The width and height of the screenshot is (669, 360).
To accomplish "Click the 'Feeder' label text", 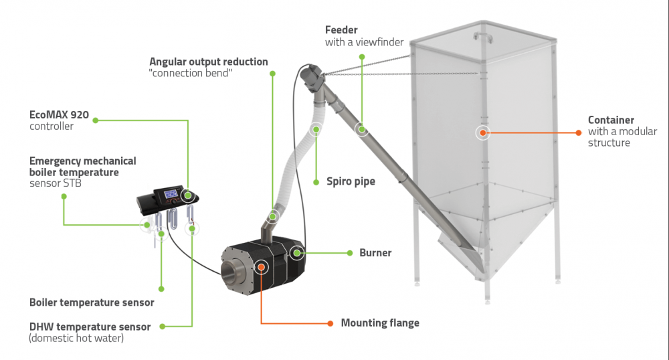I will (x=341, y=30).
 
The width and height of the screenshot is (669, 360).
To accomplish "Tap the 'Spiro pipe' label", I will (x=351, y=181).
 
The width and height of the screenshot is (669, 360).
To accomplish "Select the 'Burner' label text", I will (x=375, y=253).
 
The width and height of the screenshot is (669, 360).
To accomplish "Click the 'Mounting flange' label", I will (x=380, y=323).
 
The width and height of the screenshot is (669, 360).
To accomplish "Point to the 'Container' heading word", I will (x=611, y=120).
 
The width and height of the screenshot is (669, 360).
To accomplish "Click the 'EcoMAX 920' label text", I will (x=60, y=114).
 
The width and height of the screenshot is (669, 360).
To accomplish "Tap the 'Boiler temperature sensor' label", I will (x=92, y=302).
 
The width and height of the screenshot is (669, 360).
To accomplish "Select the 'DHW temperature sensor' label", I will (x=90, y=327).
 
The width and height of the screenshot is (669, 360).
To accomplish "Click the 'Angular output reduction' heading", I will (x=208, y=62).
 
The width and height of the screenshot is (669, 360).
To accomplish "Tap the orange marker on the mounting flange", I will (x=262, y=267).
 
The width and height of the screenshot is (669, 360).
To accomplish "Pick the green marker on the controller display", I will (x=188, y=195).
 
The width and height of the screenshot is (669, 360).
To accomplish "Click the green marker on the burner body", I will (x=296, y=252).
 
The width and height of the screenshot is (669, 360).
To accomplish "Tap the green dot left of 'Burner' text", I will (x=350, y=253).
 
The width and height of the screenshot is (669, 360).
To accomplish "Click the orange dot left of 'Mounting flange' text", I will (x=330, y=323).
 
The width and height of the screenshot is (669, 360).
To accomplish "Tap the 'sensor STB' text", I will (x=56, y=183).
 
